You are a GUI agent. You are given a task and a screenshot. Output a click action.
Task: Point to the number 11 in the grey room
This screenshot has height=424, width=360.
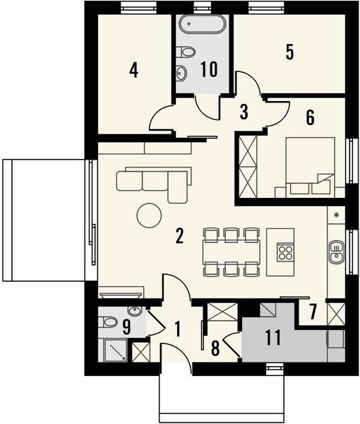click(273, 337)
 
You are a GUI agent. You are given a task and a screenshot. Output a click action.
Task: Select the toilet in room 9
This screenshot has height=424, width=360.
click(109, 322)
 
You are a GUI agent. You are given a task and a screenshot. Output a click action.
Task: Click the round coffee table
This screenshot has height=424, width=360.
click(150, 215)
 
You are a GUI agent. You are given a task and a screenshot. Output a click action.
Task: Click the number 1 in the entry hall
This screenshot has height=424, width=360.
click(177, 328)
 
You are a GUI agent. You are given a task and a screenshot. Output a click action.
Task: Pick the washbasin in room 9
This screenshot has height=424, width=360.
click(133, 311)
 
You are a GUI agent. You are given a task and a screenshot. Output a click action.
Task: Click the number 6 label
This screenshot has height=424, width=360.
click(309, 117)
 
